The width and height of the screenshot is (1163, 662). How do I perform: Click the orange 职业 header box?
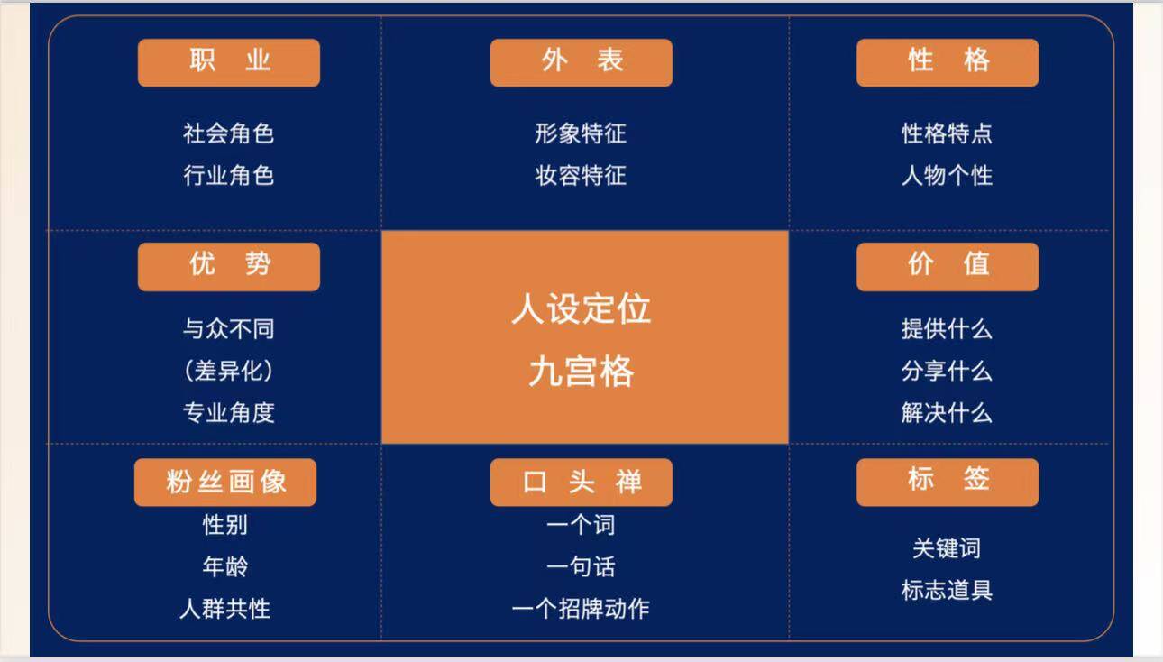[x=229, y=63]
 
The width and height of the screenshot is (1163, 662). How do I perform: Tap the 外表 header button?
[x=581, y=63]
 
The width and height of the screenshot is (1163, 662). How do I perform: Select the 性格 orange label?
[x=948, y=63]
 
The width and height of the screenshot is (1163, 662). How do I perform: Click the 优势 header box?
[x=229, y=267]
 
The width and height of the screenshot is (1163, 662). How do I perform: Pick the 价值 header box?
[x=948, y=267]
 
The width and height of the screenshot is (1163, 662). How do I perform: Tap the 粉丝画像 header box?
[x=225, y=483]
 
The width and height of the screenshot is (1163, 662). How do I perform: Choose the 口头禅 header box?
[x=581, y=483]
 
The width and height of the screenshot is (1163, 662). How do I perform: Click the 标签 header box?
[x=948, y=483]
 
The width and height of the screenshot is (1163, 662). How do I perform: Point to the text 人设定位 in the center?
[x=581, y=308]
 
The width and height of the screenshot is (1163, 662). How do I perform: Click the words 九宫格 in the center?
[x=581, y=372]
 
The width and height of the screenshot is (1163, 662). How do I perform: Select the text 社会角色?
[x=228, y=133]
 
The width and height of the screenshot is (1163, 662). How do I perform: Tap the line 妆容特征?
[x=581, y=176]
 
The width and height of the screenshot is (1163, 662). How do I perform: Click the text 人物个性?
[x=947, y=176]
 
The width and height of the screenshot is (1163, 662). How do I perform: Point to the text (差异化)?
[x=228, y=371]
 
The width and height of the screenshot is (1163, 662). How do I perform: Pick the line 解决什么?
[x=947, y=413]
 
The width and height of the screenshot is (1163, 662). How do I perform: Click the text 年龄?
[x=225, y=565]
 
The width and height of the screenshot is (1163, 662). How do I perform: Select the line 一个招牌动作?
[x=581, y=609]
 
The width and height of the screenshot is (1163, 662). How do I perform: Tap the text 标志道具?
[x=947, y=591]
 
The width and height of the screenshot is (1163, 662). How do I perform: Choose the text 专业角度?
[x=228, y=413]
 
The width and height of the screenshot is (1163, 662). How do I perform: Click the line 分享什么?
[x=947, y=371]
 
